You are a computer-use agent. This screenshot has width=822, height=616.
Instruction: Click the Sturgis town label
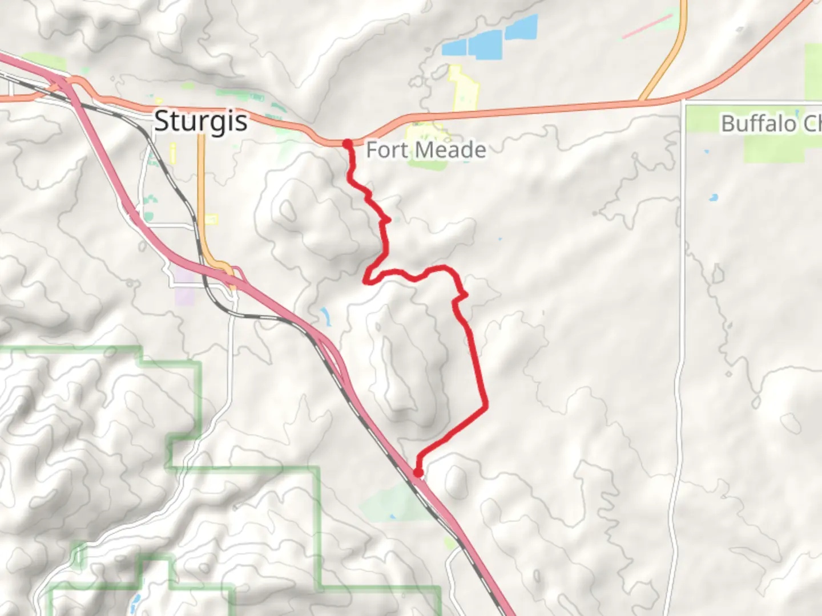[x=201, y=121]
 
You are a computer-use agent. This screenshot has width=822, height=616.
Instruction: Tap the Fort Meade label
[x=426, y=150]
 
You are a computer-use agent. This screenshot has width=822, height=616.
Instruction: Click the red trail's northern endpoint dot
[x=347, y=143]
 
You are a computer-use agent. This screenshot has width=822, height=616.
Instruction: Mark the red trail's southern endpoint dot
[x=418, y=473]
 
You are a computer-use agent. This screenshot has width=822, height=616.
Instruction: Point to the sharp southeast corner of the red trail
[x=486, y=407]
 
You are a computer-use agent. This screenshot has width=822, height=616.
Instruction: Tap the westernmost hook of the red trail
[x=366, y=280]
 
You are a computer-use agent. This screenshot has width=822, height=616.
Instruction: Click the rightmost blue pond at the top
[x=521, y=28]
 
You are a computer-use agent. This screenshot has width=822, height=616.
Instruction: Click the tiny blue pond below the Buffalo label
[x=712, y=198]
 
